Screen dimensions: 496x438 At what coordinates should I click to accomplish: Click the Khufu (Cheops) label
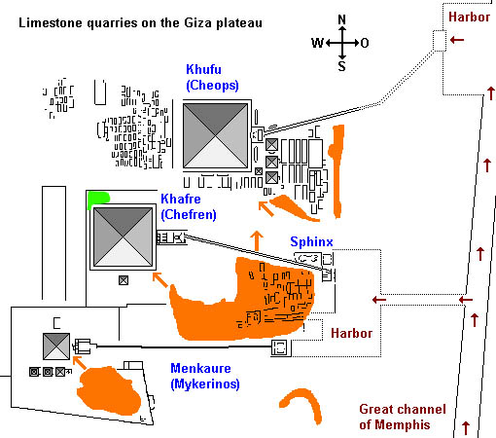[212, 78]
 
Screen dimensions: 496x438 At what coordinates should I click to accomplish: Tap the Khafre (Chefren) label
[189, 206]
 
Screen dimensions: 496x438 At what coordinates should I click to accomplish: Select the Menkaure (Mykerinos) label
[205, 376]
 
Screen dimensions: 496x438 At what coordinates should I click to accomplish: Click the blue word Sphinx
[311, 241]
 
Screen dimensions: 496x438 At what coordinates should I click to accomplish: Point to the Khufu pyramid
[216, 135]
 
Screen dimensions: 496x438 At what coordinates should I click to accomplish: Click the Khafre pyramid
[123, 237]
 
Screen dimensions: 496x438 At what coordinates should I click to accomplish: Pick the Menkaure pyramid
[56, 347]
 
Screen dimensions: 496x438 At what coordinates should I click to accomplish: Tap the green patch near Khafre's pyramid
[97, 200]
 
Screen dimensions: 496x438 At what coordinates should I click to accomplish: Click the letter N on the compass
[342, 19]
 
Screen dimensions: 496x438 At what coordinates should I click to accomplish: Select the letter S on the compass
[342, 66]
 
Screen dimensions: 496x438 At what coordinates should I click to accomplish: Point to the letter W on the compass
[318, 43]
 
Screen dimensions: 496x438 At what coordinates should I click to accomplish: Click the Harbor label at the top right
[469, 17]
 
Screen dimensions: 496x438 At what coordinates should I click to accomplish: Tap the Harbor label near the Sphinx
[352, 333]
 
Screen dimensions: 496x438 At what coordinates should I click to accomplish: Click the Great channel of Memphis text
[403, 417]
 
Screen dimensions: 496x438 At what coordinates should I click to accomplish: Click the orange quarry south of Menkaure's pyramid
[109, 391]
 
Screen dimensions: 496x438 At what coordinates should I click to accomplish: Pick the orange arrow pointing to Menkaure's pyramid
[80, 363]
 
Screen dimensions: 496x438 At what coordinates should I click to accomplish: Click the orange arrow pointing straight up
[257, 240]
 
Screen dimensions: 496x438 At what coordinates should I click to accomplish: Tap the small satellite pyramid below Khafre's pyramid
[124, 280]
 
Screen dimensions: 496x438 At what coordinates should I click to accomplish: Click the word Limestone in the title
[51, 23]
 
